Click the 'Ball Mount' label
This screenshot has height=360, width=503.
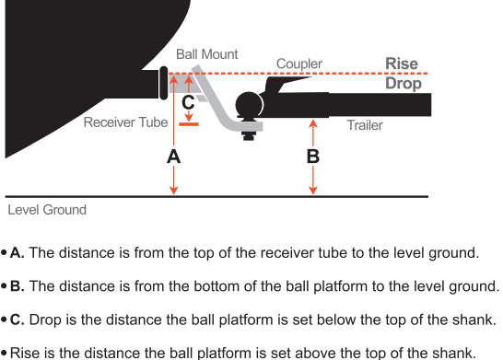[206, 54]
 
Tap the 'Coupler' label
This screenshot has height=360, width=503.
[299, 64]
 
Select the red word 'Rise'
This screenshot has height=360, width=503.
[402, 64]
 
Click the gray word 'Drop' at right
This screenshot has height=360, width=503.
[403, 84]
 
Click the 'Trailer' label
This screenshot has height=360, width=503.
[364, 124]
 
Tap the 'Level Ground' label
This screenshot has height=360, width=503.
[47, 210]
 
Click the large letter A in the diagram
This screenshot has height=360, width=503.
[173, 157]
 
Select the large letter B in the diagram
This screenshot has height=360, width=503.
[312, 157]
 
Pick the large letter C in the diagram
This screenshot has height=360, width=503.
[188, 101]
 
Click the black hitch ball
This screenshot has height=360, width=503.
[249, 107]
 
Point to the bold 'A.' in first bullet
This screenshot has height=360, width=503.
[18, 251]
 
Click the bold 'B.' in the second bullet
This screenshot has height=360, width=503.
[18, 285]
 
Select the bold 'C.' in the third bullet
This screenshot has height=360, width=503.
[18, 319]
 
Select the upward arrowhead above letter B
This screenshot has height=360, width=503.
[313, 119]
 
